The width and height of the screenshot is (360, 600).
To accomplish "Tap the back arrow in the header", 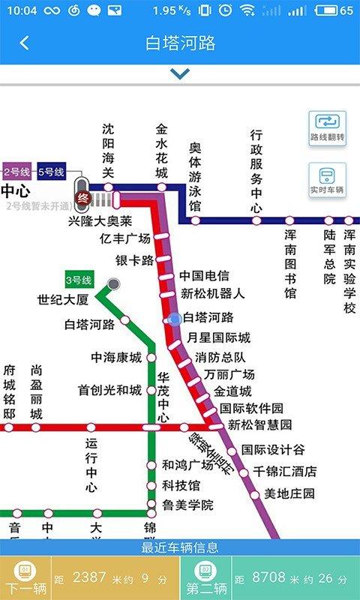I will pyautogui.click(x=24, y=43).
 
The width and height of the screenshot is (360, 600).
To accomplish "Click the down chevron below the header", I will pyautogui.click(x=180, y=73).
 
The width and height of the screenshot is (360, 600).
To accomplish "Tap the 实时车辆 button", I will pyautogui.click(x=327, y=181).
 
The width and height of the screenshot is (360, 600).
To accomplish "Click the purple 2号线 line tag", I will pyautogui.click(x=16, y=172).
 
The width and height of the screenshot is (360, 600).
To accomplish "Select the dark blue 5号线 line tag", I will pyautogui.click(x=51, y=172).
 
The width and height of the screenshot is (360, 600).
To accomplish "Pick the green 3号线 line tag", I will pyautogui.click(x=79, y=280).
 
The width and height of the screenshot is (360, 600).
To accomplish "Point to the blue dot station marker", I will pyautogui.click(x=175, y=319).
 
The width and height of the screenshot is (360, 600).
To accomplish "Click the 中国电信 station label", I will pyautogui.click(x=204, y=276).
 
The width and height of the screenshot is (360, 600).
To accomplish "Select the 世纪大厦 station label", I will pyautogui.click(x=63, y=300).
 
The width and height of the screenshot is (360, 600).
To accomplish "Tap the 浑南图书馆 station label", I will pyautogui.click(x=290, y=262).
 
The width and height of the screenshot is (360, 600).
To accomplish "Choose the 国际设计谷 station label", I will pyautogui.click(x=273, y=450).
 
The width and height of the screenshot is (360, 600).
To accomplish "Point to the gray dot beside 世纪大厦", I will pyautogui.click(x=113, y=283).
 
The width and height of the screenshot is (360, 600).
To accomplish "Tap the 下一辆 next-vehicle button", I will pyautogui.click(x=25, y=578).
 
